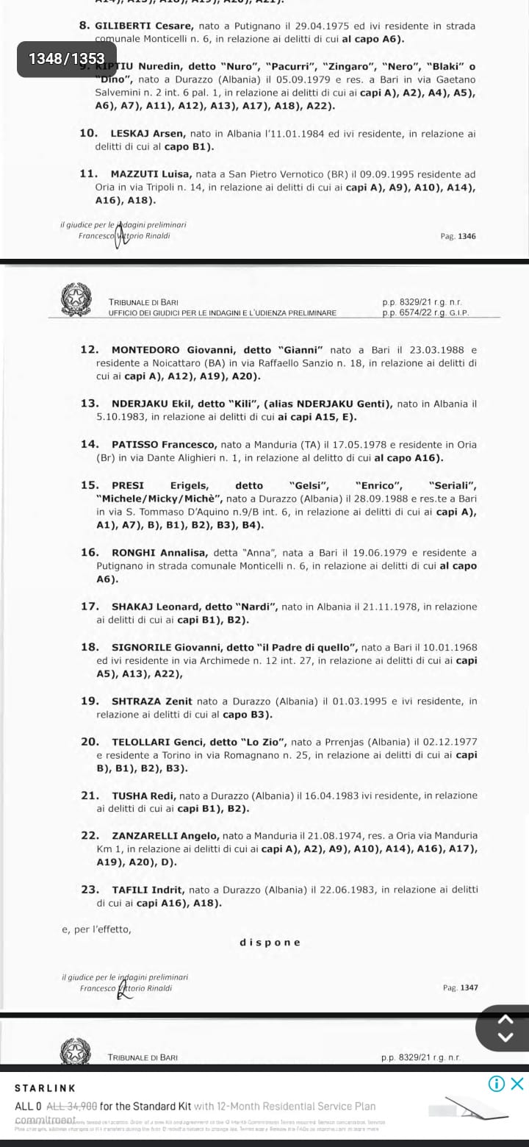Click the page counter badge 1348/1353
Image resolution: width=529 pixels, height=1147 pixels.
(66, 58)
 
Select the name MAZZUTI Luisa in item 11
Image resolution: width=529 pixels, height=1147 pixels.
(152, 174)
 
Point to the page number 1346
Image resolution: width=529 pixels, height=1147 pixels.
(467, 236)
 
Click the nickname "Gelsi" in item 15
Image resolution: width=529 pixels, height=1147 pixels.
(309, 485)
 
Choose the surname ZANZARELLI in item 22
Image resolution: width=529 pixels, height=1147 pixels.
(152, 835)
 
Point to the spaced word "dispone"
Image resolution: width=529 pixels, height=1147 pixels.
(270, 943)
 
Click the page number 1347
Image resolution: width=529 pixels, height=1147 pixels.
(468, 987)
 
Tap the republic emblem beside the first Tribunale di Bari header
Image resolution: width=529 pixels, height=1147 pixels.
(76, 301)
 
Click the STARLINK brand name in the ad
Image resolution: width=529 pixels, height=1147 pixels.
(46, 1087)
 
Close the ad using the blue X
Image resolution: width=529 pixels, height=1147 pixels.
(517, 1083)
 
